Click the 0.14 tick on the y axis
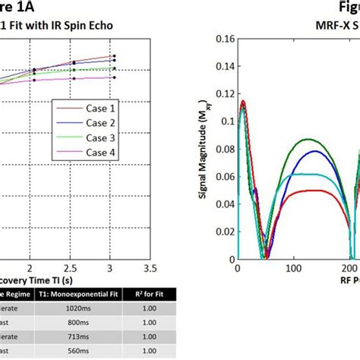coord(215,65)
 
